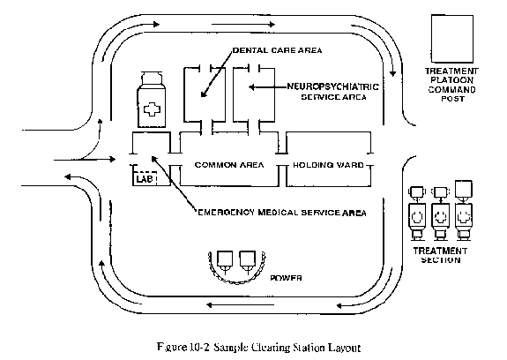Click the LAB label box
pos(145,178)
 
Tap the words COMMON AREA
pos(229,165)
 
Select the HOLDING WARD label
pos(328,165)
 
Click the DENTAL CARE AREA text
pos(278,50)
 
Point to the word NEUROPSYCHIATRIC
pos(333,86)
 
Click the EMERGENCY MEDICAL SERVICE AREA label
pos(282,213)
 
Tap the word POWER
pos(287,278)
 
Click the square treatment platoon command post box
pos(452,39)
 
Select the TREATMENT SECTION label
pos(440,255)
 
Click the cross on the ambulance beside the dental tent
pos(152,109)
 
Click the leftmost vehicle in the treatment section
pos(417,214)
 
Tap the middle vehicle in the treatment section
pos(440,214)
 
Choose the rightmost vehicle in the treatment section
pos(464,211)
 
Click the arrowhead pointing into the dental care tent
pos(204,94)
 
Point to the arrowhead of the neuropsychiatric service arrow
pos(251,87)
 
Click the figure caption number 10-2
pos(198,348)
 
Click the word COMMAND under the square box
pos(451,90)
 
